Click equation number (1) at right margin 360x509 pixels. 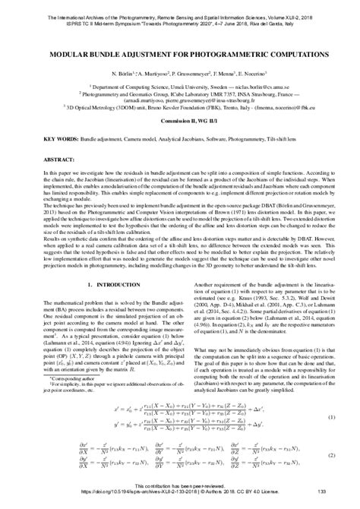(330, 417)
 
